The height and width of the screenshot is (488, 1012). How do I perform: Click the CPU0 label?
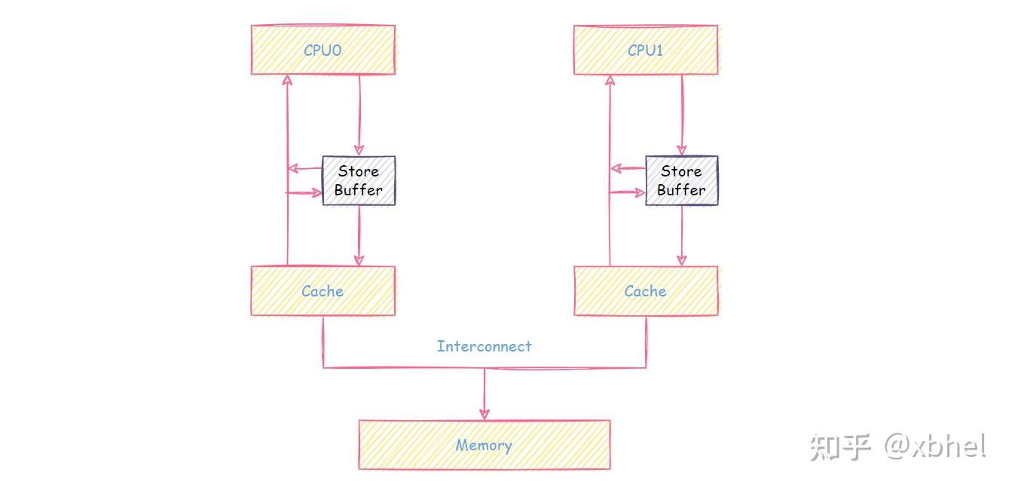[322, 51]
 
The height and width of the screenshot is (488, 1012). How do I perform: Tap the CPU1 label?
[645, 51]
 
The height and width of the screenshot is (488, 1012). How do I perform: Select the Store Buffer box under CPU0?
[359, 180]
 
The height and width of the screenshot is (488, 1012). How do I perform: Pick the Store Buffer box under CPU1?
[682, 180]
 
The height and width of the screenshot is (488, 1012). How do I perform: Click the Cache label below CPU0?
[322, 291]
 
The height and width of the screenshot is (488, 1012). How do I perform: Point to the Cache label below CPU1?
[645, 291]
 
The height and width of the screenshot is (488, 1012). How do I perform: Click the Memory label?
[484, 446]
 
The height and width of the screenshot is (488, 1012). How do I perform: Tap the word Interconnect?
[485, 346]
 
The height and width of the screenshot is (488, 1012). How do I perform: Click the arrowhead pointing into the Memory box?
[485, 414]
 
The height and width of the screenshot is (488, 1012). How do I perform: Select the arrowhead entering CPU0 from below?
[287, 80]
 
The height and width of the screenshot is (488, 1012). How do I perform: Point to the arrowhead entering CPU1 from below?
[610, 80]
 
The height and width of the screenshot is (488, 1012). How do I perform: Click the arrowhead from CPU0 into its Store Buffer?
[359, 150]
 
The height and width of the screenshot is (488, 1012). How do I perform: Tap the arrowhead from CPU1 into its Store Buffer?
[682, 150]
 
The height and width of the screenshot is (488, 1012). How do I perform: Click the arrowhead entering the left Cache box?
[359, 260]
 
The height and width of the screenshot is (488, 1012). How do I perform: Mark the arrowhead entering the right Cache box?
[682, 260]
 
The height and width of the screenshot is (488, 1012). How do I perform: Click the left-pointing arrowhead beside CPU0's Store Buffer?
[293, 169]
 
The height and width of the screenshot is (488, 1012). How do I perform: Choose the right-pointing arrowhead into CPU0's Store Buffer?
[316, 193]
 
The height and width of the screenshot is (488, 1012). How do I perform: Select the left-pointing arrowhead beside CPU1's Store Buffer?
[616, 169]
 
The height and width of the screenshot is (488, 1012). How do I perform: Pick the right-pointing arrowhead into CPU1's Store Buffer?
[640, 192]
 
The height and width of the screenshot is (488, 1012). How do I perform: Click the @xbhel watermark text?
[935, 447]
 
